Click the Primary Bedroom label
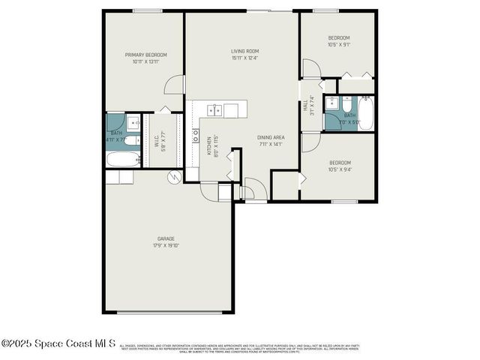click(x=145, y=55)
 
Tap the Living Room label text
click(x=244, y=51)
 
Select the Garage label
click(x=166, y=238)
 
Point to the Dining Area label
click(x=270, y=137)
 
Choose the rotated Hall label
click(x=306, y=106)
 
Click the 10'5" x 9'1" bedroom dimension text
click(x=338, y=44)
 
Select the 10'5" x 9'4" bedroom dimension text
click(x=339, y=169)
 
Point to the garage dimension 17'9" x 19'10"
click(x=166, y=245)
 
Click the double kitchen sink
click(x=214, y=111)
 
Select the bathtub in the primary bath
click(x=122, y=159)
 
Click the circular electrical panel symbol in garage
click(x=175, y=177)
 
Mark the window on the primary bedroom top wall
click(x=147, y=10)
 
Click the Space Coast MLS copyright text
click(x=58, y=344)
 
